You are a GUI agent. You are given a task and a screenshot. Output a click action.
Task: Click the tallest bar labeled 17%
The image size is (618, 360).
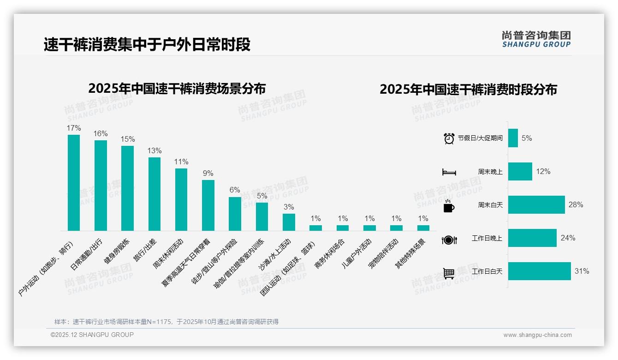[74, 183]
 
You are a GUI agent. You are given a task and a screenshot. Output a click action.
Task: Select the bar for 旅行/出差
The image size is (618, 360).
[154, 194]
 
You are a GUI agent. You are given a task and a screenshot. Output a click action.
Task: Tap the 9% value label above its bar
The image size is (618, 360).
[208, 174]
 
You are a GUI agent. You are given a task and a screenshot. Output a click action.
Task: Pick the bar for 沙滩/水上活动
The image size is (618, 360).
[289, 222]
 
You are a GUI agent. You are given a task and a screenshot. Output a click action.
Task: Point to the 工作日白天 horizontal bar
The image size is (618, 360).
[539, 271]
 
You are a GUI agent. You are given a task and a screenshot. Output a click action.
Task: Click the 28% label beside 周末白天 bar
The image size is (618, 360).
[576, 204]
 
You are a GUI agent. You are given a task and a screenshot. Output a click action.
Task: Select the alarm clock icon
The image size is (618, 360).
[449, 138]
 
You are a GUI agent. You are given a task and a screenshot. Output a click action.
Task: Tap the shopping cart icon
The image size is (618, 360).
[449, 273]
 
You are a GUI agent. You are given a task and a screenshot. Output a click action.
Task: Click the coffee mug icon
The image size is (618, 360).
[449, 206]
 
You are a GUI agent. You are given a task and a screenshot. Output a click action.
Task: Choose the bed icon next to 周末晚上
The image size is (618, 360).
[449, 172]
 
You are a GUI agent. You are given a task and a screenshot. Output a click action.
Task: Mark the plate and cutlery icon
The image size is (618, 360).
[449, 240]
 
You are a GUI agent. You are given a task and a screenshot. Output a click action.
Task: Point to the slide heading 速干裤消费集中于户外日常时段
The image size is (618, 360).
[147, 45]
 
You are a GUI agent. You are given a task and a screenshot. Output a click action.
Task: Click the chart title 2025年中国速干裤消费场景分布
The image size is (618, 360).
[177, 88]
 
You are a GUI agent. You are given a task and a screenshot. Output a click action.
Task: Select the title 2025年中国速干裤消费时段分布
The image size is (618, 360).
[468, 89]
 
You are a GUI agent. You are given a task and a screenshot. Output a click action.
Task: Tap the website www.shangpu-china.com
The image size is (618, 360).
[537, 335]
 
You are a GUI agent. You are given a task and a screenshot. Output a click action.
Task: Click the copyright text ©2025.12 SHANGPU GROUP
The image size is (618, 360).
[92, 335]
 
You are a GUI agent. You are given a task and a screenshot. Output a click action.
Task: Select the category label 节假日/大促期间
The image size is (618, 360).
[480, 138]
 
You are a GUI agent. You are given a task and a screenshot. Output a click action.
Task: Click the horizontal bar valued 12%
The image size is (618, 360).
[520, 171]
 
